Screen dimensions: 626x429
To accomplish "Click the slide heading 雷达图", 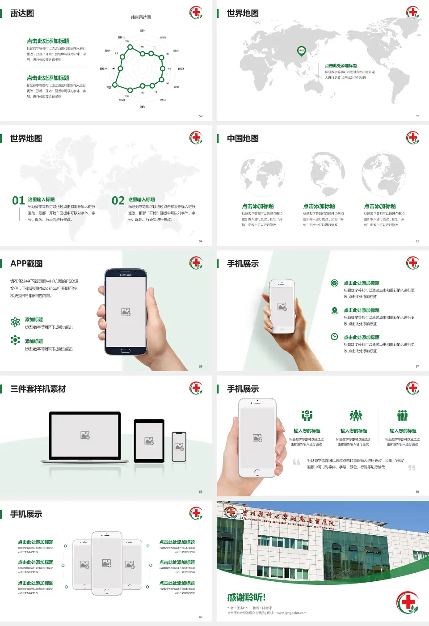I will click(22, 13).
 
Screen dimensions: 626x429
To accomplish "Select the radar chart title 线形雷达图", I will click(141, 17).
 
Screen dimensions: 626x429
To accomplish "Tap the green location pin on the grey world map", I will click(302, 51).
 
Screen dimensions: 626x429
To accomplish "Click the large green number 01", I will click(18, 201).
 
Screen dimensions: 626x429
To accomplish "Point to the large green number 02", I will click(118, 201).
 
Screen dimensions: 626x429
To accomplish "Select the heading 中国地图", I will click(243, 139).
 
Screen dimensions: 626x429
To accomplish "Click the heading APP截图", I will click(26, 264).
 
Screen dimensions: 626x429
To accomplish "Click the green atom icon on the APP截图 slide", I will click(15, 322).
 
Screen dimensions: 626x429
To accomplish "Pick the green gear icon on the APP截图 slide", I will click(15, 340).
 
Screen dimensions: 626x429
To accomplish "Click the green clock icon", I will click(334, 337).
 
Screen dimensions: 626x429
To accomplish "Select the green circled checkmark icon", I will click(334, 283).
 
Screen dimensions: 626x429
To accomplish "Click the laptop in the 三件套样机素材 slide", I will click(85, 436).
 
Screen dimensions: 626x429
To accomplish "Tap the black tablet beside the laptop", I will click(149, 441).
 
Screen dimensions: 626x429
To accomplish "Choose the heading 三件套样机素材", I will click(38, 389).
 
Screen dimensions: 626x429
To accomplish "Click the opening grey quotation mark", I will click(296, 462).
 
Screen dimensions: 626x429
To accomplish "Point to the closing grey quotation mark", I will click(412, 468).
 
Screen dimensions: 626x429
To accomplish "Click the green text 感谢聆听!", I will click(246, 597).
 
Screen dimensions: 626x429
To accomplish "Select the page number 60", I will click(201, 617).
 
